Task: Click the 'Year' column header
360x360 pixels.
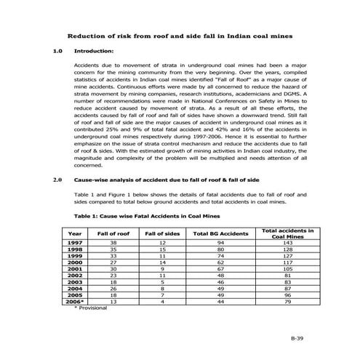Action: [74, 233]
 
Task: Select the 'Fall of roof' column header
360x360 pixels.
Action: [113, 233]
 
